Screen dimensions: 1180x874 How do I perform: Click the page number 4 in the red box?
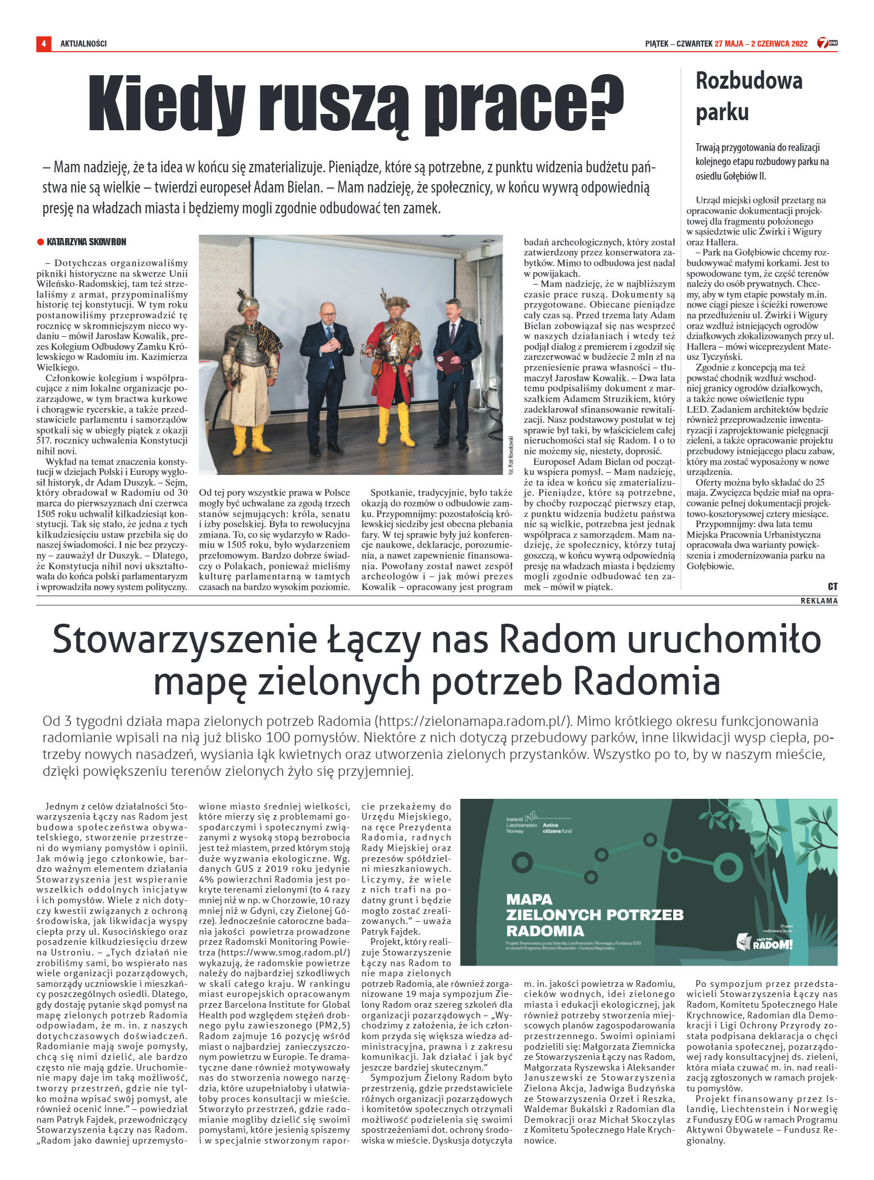coord(43,43)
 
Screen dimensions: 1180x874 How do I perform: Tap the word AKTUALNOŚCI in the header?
coord(84,43)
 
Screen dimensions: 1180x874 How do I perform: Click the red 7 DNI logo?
coord(826,43)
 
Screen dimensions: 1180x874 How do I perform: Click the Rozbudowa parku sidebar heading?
coord(748,96)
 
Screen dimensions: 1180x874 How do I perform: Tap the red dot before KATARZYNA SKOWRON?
coord(40,242)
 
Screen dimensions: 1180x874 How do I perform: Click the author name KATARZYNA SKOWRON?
coord(86,242)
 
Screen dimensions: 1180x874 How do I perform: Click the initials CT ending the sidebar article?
coord(832,586)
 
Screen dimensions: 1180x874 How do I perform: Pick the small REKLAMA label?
coord(819,601)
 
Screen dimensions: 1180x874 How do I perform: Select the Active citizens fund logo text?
coord(558,827)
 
